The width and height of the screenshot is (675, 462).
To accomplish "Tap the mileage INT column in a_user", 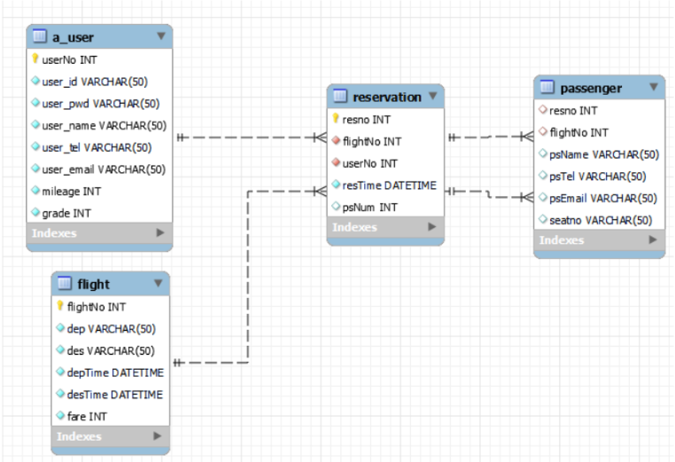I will pos(71,191).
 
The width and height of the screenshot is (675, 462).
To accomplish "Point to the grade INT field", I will pos(66,213).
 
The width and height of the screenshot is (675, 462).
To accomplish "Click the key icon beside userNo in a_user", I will pos(35,60).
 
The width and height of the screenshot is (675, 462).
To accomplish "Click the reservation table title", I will pos(386,96).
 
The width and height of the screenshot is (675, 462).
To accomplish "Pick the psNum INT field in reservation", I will pos(369,208).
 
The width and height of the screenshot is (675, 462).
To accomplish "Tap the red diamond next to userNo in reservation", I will pos(336,163).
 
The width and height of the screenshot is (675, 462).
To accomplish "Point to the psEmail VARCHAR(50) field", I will pos(602,198).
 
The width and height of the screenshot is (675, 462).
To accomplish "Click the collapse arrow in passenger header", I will pos(654,88).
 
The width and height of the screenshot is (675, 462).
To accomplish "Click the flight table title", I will pos(94,284).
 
